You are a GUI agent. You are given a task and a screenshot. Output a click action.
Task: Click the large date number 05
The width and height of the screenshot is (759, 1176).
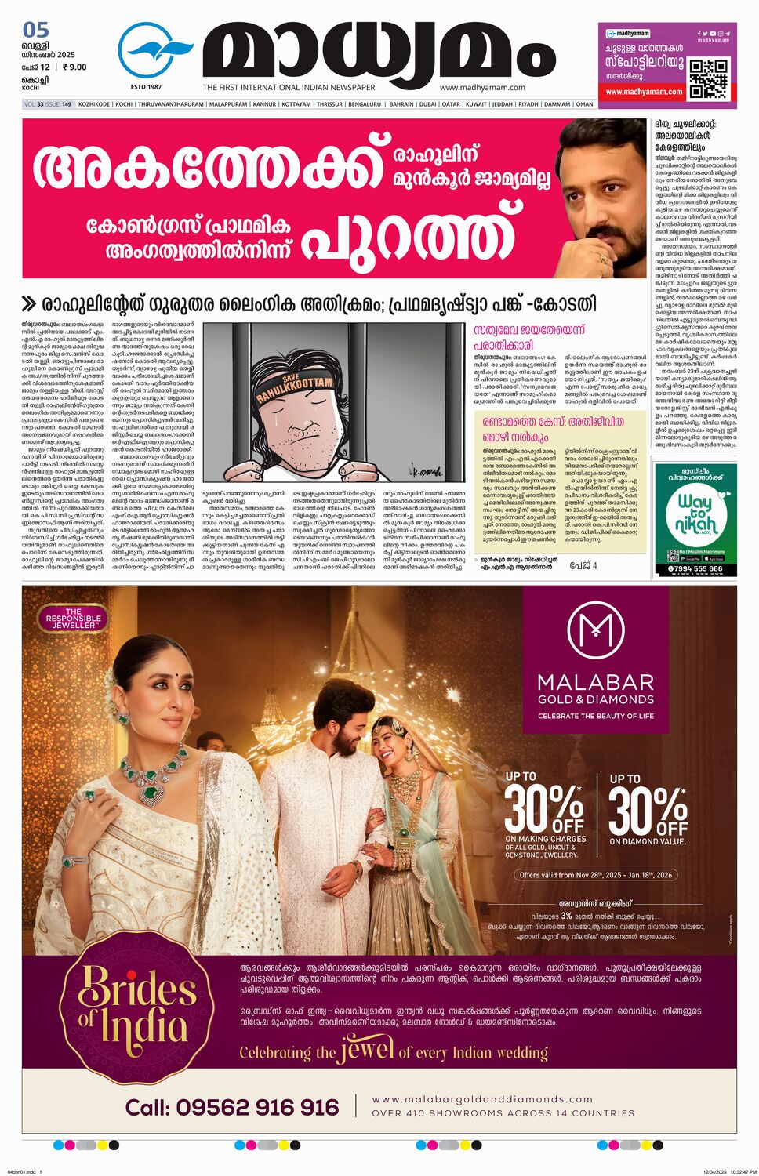[x=36, y=31]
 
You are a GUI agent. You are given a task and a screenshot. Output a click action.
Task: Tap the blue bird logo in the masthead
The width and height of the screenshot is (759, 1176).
[x=154, y=51]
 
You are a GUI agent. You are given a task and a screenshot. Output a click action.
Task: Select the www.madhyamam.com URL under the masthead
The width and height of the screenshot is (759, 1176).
[x=482, y=88]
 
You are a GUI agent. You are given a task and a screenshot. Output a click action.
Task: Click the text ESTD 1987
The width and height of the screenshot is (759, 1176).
[x=146, y=87]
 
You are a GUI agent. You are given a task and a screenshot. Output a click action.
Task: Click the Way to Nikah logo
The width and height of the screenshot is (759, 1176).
[x=695, y=514]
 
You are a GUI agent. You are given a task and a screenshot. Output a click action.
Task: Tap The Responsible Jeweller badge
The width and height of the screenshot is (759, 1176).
[x=73, y=619]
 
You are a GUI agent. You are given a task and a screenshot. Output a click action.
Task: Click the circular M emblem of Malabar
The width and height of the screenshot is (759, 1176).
[x=595, y=629]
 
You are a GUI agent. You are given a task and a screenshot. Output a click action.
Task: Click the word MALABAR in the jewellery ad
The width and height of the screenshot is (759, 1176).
[x=596, y=681]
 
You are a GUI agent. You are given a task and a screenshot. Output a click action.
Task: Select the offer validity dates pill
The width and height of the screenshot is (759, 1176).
[x=596, y=875]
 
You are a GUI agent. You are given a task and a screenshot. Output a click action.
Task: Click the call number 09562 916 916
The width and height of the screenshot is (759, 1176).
[x=232, y=1107]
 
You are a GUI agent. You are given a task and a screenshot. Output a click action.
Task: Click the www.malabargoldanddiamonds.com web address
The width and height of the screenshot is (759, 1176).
[x=482, y=1099]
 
